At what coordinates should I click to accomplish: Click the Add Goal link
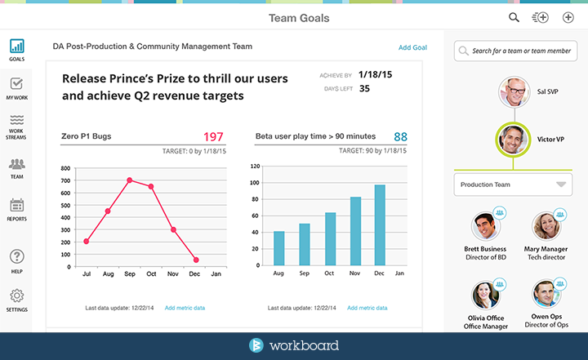tap(412, 47)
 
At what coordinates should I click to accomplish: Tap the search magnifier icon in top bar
tap(514, 17)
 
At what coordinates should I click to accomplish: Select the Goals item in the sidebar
tap(16, 48)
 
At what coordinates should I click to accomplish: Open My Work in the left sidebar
tap(16, 87)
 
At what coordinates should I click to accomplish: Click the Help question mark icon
tap(16, 257)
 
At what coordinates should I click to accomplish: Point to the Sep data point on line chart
tap(130, 180)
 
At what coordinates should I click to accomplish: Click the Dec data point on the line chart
tap(195, 260)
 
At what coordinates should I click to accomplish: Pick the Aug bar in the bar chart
tap(278, 247)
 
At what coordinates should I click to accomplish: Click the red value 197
tap(213, 136)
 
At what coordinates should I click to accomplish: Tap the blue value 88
tap(400, 136)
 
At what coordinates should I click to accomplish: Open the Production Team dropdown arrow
tap(560, 184)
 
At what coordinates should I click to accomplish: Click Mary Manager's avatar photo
tap(546, 227)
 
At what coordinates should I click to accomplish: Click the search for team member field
tap(515, 51)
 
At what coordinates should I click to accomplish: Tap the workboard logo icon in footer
tap(256, 344)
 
